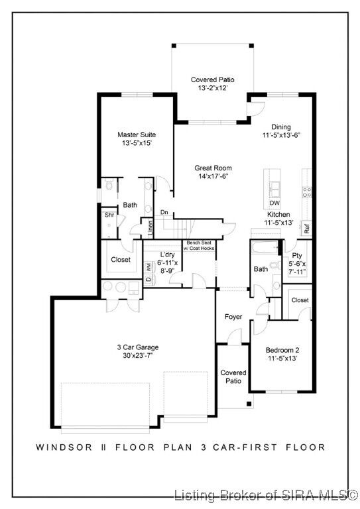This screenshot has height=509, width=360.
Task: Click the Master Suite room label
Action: pyautogui.click(x=137, y=135)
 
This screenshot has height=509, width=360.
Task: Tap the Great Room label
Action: pyautogui.click(x=212, y=168)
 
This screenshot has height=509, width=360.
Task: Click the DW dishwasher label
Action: pyautogui.click(x=274, y=203)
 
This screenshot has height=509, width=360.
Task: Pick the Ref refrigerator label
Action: pyautogui.click(x=307, y=229)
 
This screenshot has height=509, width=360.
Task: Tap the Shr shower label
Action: pyautogui.click(x=109, y=215)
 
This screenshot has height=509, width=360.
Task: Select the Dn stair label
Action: pyautogui.click(x=164, y=213)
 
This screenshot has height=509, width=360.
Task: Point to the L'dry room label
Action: pyautogui.click(x=167, y=255)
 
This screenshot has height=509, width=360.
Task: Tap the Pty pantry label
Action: pyautogui.click(x=297, y=255)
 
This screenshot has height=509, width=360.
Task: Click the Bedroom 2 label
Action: pyautogui.click(x=282, y=350)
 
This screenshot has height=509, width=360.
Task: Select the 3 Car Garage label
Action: pyautogui.click(x=134, y=347)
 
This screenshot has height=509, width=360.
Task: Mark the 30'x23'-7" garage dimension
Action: pyautogui.click(x=134, y=356)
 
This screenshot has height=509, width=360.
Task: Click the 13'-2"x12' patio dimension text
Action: pyautogui.click(x=212, y=88)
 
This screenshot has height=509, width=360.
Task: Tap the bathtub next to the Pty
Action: pyautogui.click(x=263, y=249)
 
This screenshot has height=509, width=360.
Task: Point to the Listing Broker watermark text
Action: pyautogui.click(x=265, y=494)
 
